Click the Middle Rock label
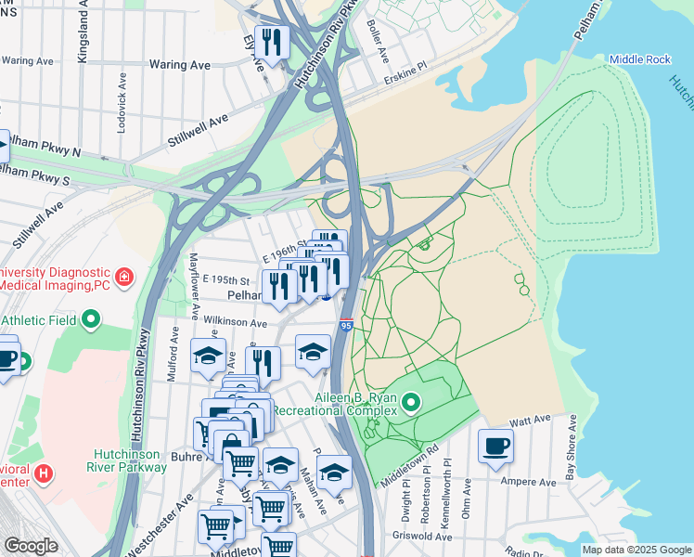pyautogui.click(x=639, y=59)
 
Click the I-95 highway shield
pyautogui.click(x=346, y=326)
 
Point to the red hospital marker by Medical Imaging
pyautogui.click(x=123, y=277)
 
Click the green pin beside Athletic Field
pyautogui.click(x=90, y=320)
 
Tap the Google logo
pyautogui.click(x=31, y=546)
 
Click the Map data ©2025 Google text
pyautogui.click(x=636, y=550)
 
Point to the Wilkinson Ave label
pyautogui.click(x=236, y=322)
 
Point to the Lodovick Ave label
pyautogui.click(x=122, y=100)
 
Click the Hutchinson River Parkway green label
pyautogui.click(x=130, y=460)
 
